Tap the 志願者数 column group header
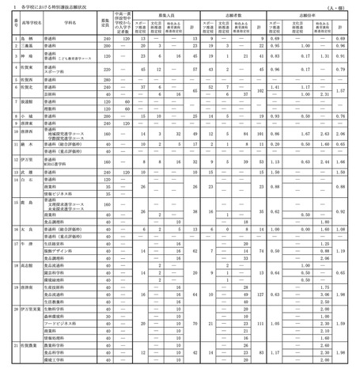pyautogui.click(x=230, y=14)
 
